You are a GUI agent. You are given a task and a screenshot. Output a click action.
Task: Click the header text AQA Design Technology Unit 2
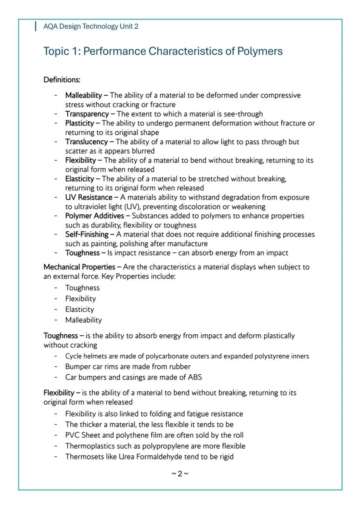(91, 26)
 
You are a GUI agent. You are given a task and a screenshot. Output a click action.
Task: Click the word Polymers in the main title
(260, 51)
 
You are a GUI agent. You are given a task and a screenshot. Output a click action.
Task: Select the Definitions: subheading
(62, 80)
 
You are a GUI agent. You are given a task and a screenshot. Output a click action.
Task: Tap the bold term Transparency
(87, 114)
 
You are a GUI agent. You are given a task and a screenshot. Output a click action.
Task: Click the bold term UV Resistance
(89, 197)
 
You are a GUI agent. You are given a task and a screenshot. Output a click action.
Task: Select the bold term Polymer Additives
(94, 216)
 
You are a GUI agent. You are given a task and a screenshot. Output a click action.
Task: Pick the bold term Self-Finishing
(87, 234)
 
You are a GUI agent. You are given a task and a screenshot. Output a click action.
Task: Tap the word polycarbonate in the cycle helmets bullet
(162, 356)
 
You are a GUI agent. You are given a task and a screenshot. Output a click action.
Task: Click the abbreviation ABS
(194, 377)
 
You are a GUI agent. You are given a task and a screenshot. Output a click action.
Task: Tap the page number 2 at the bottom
(180, 473)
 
